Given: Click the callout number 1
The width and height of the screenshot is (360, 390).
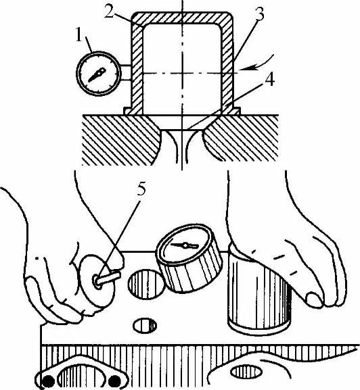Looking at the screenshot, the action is click(79, 35).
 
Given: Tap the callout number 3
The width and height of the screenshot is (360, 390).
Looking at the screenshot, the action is click(258, 14).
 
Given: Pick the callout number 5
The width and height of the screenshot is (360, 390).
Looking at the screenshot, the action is click(141, 189).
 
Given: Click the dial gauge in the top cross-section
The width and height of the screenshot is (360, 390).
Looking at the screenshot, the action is click(99, 74).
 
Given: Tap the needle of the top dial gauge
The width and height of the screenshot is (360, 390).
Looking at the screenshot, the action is click(97, 74).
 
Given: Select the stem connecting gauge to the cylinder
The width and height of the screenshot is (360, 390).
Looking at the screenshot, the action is click(126, 72).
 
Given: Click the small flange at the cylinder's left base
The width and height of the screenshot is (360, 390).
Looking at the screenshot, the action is click(127, 111).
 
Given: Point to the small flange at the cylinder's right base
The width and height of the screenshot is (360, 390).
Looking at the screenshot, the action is click(236, 111).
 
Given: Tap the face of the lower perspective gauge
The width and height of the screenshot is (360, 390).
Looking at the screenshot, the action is click(185, 245).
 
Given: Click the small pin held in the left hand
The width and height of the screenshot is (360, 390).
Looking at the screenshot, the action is click(108, 278).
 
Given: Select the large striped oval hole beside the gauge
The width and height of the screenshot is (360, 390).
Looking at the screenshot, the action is click(146, 285).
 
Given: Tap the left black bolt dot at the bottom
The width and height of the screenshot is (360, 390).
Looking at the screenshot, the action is click(48, 381).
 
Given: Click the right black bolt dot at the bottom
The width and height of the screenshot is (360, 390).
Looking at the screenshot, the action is click(114, 381).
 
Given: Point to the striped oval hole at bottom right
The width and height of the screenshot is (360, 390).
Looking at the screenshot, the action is click(246, 372).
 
